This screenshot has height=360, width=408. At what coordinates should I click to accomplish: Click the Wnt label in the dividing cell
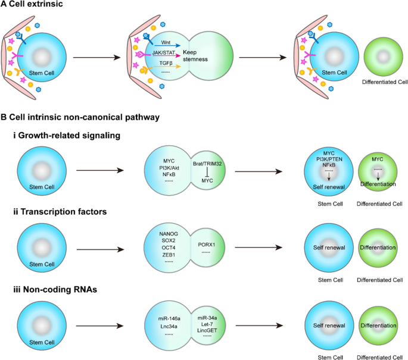pyautogui.click(x=166, y=42)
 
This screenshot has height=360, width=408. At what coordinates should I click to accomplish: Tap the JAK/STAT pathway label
pyautogui.click(x=164, y=52)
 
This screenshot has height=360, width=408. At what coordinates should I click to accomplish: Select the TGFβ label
pyautogui.click(x=166, y=63)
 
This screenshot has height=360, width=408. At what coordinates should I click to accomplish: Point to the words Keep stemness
pyautogui.click(x=195, y=55)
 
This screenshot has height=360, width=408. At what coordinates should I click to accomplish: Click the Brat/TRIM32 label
pyautogui.click(x=207, y=164)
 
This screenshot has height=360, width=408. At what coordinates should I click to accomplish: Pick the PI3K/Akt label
pyautogui.click(x=169, y=168)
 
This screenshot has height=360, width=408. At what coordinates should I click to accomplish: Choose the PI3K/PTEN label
pyautogui.click(x=329, y=159)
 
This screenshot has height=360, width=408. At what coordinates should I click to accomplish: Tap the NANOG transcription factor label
pyautogui.click(x=169, y=234)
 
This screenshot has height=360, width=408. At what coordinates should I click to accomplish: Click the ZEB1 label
pyautogui.click(x=169, y=255)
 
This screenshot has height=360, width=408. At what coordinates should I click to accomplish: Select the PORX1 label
pyautogui.click(x=206, y=245)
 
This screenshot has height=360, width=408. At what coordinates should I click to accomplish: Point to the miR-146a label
pyautogui.click(x=169, y=318)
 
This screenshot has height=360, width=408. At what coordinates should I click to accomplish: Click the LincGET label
pyautogui.click(x=207, y=330)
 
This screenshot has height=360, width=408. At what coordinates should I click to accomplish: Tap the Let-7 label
pyautogui.click(x=207, y=324)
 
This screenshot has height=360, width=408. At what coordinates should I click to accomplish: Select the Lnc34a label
pyautogui.click(x=169, y=326)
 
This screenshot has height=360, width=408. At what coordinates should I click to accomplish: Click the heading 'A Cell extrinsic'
pyautogui.click(x=32, y=4)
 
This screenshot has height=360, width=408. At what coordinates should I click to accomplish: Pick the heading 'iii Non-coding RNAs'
pyautogui.click(x=55, y=289)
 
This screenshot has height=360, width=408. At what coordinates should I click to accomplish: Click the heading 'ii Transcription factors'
pyautogui.click(x=60, y=212)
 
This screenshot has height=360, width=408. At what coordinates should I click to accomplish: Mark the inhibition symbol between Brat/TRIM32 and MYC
pyautogui.click(x=207, y=172)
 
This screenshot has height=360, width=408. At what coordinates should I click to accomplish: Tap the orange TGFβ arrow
pyautogui.click(x=167, y=67)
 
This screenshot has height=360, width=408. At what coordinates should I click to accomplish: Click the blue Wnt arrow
pyautogui.click(x=167, y=46)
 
